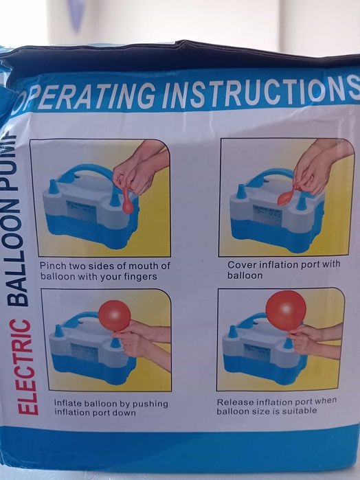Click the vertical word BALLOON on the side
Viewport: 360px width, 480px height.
pos(17,260)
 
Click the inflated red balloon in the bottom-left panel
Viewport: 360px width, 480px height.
pos(115,316)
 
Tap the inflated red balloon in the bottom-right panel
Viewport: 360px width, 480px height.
pos(286,310)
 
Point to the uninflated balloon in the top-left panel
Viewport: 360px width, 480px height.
pos(128,201)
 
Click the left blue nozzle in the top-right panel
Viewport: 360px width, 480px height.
pos(241,192)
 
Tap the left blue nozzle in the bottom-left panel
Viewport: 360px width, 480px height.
pos(59,332)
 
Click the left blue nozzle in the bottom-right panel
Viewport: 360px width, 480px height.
pos(233,332)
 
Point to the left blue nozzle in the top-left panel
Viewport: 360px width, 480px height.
pos(54,187)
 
